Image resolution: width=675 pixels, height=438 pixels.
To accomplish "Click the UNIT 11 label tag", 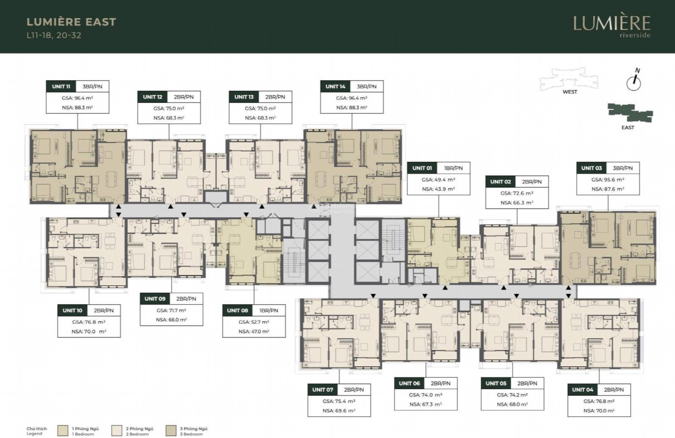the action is [x=61, y=86].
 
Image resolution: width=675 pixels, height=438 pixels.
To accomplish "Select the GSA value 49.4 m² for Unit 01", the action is [x=439, y=180].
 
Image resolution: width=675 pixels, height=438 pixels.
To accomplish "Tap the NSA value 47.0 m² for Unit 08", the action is [x=254, y=331].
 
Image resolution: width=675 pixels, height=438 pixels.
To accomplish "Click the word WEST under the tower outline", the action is [x=570, y=92].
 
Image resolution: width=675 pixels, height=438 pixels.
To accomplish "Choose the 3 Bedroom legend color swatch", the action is [x=171, y=431].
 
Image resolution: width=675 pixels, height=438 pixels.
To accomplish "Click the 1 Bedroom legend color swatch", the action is [x=63, y=431].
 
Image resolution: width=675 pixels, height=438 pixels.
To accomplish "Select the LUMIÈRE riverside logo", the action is [x=612, y=27].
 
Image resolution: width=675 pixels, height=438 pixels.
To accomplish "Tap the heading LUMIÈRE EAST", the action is [x=71, y=22].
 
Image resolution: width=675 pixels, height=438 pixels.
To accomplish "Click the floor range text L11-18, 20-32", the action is [x=54, y=35].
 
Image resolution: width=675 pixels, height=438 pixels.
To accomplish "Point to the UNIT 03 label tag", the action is [x=591, y=168].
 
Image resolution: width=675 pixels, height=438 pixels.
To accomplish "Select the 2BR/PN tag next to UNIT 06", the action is [x=441, y=383].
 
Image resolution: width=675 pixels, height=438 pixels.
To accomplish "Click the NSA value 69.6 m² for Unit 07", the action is [x=339, y=411].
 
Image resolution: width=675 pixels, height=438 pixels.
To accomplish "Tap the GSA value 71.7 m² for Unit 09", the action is [x=171, y=311].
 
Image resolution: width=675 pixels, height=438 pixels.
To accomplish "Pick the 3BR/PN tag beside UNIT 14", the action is [x=367, y=86].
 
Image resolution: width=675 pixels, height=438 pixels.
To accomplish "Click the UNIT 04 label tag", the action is [x=582, y=390].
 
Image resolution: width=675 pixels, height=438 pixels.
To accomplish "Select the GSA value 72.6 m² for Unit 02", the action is [x=517, y=193].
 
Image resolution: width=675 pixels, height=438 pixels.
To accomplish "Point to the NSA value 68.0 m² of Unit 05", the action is [x=512, y=405].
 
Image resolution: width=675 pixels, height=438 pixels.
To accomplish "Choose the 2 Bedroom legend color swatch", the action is [x=117, y=431].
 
